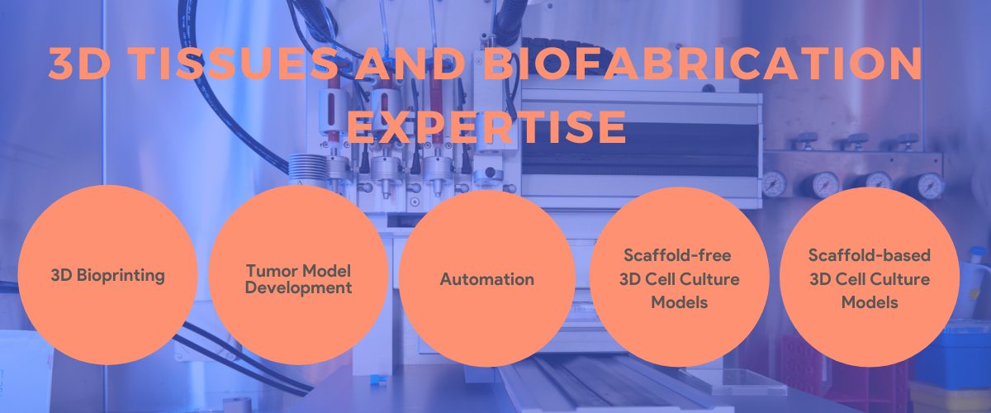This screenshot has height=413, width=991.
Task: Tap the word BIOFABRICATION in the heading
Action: coord(703,64)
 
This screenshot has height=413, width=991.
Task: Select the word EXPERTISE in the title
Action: coord(486,127)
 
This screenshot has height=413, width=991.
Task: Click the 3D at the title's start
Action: coord(79,64)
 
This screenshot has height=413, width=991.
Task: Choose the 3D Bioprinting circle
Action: coord(107,275)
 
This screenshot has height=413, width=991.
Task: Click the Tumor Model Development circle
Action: coord(298,275)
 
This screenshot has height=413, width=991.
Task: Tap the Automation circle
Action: coord(487,279)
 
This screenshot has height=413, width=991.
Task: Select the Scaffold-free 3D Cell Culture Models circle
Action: coord(680,277)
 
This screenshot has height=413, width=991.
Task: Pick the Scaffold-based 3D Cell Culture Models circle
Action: coord(870,277)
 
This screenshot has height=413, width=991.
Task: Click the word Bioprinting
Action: coord(121,276)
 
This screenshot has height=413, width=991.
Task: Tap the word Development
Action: coord(299,287)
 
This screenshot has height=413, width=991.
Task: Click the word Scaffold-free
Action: coord(677,255)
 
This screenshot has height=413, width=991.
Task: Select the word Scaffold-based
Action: coord(870,255)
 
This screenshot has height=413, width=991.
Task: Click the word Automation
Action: coord(487,279)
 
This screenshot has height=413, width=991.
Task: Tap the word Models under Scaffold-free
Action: coord(680,302)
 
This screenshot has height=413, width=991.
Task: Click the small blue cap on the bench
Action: coord(376,379)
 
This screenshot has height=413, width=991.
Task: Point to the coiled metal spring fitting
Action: coord(307,168)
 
